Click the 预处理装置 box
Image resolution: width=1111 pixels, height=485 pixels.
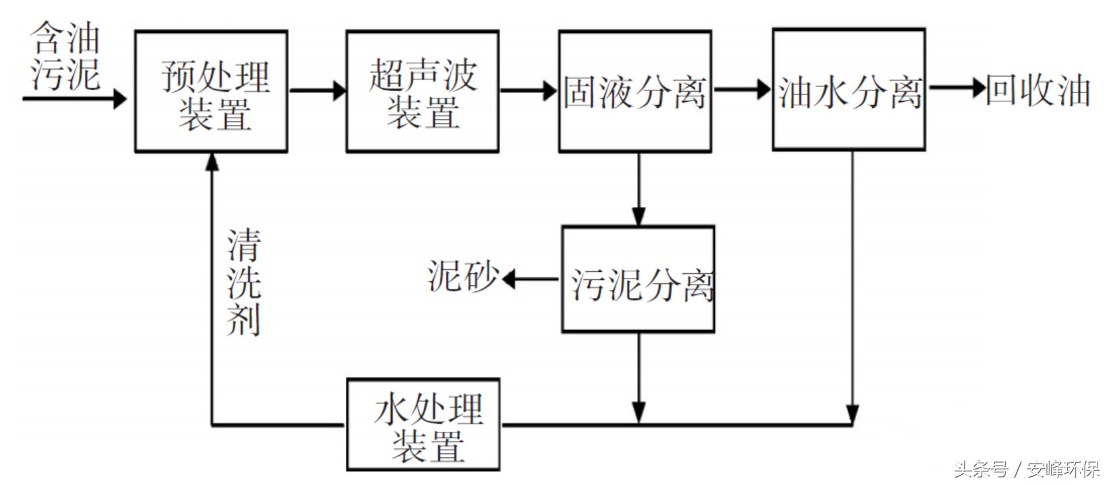point(212,91)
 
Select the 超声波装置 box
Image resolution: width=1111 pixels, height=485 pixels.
point(423,91)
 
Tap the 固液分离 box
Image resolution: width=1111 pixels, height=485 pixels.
point(635,91)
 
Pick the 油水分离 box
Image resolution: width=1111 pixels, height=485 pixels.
point(848,90)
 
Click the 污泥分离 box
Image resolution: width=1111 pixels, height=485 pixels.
point(638,279)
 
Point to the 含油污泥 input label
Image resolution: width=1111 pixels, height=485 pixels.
point(65,56)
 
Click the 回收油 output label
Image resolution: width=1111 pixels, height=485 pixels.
point(1038,90)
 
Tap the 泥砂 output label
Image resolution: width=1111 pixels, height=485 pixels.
point(462,277)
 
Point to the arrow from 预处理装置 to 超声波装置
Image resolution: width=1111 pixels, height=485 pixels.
point(317,90)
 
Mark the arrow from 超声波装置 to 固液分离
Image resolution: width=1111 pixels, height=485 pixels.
point(529,90)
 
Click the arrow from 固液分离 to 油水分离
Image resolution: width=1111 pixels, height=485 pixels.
point(742,89)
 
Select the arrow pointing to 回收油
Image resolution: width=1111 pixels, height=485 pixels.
point(957,88)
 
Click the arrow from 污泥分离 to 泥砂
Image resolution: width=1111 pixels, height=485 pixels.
point(531,279)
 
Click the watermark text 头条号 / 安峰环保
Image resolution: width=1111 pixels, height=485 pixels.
point(1026,469)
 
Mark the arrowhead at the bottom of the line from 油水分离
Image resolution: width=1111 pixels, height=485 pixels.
point(853,413)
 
